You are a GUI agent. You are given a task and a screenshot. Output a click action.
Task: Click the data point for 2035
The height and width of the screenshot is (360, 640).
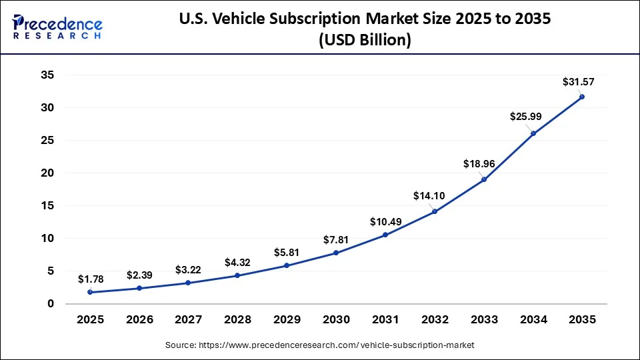pos(582,97)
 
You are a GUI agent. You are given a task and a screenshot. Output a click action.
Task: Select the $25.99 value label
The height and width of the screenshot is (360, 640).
pos(526,116)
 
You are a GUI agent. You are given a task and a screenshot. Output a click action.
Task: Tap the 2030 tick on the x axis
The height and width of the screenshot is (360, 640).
pos(336,320)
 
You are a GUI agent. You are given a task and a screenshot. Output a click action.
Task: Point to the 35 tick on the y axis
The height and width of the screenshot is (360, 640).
pos(47,75)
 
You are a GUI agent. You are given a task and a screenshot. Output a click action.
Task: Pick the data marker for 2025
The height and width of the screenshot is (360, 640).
pos(90,292)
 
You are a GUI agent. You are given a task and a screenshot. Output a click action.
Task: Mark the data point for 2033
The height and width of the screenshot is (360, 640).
pos(483,179)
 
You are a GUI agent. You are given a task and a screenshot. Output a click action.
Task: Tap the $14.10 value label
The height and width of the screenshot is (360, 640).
pos(428,195)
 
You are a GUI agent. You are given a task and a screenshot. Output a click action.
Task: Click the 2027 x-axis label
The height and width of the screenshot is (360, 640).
pos(188,320)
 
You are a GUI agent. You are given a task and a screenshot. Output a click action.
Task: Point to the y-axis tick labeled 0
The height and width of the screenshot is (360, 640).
pos(50,304)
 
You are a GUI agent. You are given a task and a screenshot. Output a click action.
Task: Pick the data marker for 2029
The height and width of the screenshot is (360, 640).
pos(287,265)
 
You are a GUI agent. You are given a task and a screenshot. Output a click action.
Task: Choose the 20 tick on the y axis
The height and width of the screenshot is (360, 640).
pos(47,173)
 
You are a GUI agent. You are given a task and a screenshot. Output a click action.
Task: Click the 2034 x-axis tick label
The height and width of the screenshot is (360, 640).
pos(533,320)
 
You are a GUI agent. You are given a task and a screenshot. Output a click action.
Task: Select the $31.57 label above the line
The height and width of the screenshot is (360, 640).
pos(578,82)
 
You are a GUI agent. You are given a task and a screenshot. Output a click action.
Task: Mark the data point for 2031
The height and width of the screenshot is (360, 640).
pos(385,235)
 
